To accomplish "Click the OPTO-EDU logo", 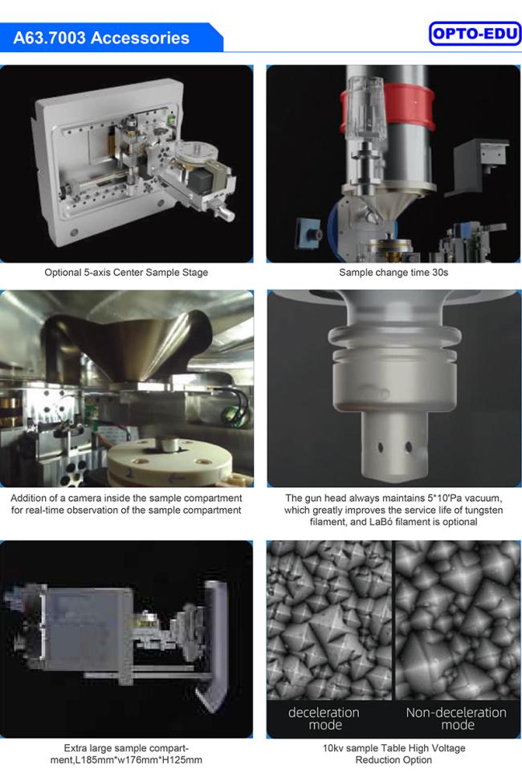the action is tap(475, 34).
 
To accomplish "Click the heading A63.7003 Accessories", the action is tap(101, 38).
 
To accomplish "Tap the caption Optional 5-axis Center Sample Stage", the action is tap(126, 272).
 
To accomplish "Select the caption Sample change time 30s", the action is tap(394, 272).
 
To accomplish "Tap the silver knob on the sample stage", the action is tap(225, 214).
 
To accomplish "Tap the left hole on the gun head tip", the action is tap(381, 448).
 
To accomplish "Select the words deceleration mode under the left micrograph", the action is tap(324, 718).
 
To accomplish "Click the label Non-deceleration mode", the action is tap(456, 718).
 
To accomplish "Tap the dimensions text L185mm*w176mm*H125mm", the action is tap(126, 759).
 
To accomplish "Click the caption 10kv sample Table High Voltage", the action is tap(394, 748).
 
